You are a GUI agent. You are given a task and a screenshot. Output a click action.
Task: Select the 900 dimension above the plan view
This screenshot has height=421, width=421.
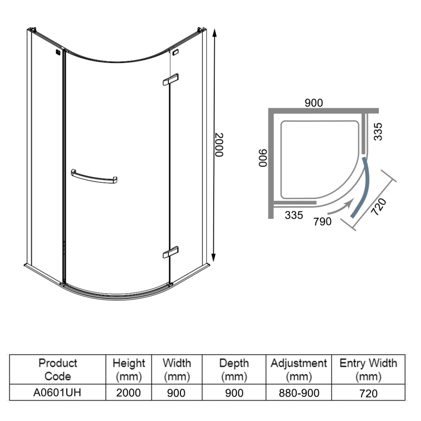[x=314, y=103]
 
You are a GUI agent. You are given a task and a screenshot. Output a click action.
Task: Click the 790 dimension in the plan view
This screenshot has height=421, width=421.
[x=322, y=222]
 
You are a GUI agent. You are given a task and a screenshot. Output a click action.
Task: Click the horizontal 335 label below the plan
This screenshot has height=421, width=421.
[x=294, y=215]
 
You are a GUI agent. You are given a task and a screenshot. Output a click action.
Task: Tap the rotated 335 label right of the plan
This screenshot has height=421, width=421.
[x=377, y=131]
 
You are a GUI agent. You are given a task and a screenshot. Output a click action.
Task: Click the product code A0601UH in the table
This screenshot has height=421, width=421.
[x=58, y=393]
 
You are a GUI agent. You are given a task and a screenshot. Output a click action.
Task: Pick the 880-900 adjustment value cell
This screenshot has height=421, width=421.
[x=298, y=393]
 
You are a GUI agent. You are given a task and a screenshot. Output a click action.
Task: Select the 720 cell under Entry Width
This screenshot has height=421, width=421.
[x=368, y=393]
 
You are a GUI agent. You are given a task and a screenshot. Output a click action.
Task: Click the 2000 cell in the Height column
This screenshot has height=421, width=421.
[x=129, y=393]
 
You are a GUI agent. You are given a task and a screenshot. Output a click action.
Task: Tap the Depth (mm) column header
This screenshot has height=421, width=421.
[x=234, y=369]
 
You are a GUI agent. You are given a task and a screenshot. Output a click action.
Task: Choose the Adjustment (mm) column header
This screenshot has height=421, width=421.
[x=298, y=369]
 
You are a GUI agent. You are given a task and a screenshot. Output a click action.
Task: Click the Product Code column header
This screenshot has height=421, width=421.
[x=58, y=369]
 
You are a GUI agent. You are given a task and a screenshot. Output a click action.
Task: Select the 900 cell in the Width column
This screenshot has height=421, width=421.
[x=176, y=393]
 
